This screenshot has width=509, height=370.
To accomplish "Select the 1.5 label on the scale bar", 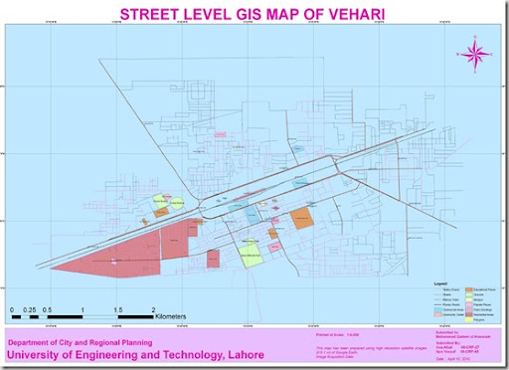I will (117, 310).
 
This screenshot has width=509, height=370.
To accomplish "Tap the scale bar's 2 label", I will (153, 310).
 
